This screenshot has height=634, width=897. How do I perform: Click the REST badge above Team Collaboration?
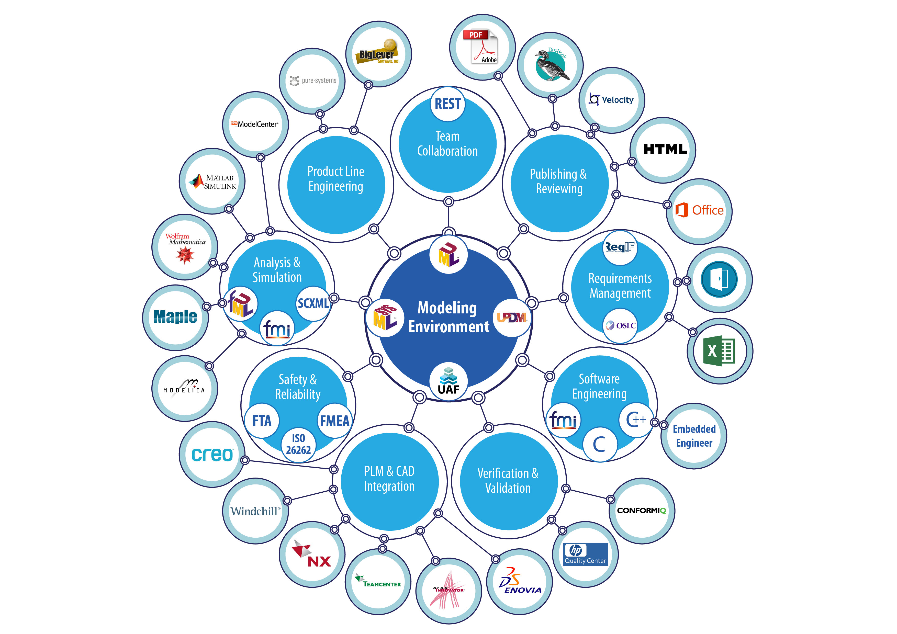click(x=448, y=104)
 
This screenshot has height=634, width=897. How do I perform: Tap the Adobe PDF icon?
click(x=481, y=47)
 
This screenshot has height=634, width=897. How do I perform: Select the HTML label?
click(x=665, y=149)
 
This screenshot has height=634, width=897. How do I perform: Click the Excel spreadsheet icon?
click(x=719, y=351)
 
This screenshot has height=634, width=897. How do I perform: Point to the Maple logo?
click(x=175, y=316)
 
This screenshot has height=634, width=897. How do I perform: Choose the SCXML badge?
click(x=313, y=303)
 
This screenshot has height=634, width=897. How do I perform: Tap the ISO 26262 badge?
click(x=298, y=444)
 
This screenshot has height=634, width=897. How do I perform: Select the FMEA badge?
click(x=335, y=421)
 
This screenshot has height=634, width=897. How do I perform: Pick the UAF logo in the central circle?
click(x=448, y=381)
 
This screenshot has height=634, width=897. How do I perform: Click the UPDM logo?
click(x=512, y=318)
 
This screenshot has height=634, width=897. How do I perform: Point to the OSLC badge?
click(x=621, y=325)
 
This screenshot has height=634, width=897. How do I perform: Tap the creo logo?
click(x=212, y=454)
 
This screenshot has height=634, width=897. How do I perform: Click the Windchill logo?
click(x=255, y=511)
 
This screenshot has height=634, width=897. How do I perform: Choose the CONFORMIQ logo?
click(x=642, y=511)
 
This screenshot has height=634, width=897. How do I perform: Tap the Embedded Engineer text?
click(x=694, y=436)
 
